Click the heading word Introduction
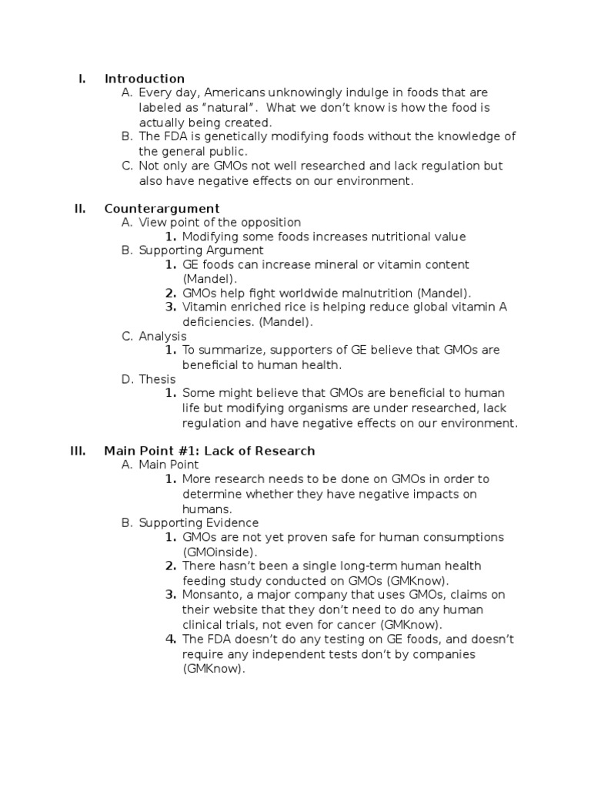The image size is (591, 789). (x=145, y=79)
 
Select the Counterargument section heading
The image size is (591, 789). (x=162, y=208)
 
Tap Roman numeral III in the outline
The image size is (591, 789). (x=78, y=451)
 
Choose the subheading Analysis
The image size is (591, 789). (x=162, y=336)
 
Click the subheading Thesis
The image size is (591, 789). (x=157, y=379)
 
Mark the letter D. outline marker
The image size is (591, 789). (x=128, y=379)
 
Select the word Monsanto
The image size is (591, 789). (x=210, y=595)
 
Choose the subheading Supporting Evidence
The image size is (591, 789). (x=188, y=522)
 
